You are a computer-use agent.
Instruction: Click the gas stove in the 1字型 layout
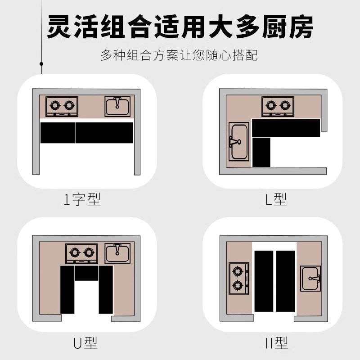click(x=62, y=107)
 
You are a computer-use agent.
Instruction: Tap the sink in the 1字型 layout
click(x=117, y=107)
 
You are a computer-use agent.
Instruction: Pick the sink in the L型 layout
click(x=239, y=141)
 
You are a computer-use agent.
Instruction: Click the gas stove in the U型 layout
click(x=81, y=254)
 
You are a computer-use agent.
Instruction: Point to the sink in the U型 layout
click(x=117, y=253)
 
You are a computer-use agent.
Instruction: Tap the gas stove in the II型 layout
click(x=239, y=278)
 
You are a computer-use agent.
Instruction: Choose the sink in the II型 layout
click(x=311, y=278)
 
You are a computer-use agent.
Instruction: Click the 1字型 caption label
click(x=82, y=199)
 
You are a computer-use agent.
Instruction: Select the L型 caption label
click(x=275, y=199)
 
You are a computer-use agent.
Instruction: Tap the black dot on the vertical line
click(x=41, y=64)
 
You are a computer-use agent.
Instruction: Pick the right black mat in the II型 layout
click(x=285, y=281)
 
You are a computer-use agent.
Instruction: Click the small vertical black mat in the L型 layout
click(x=261, y=152)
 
